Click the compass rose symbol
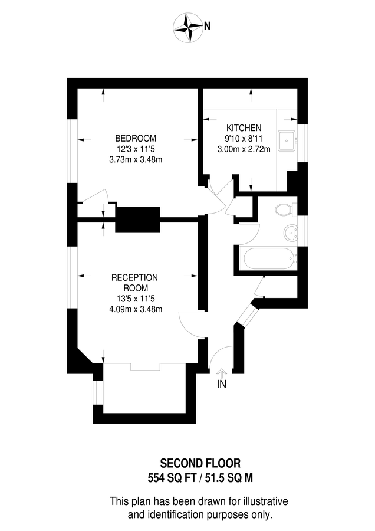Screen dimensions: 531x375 189,26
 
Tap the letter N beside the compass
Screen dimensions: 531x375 207,26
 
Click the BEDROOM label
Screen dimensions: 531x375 136,139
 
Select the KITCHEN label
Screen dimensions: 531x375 244,128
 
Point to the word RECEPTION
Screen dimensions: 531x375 135,277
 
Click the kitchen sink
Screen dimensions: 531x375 287,140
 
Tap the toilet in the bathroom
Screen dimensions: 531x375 284,209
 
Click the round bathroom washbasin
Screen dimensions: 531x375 290,232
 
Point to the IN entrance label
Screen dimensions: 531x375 222,385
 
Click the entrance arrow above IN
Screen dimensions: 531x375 222,372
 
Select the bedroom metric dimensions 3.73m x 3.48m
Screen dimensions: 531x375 136,159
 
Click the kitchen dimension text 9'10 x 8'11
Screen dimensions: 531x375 244,139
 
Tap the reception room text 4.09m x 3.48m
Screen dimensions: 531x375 135,309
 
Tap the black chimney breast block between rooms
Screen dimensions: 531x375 138,220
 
